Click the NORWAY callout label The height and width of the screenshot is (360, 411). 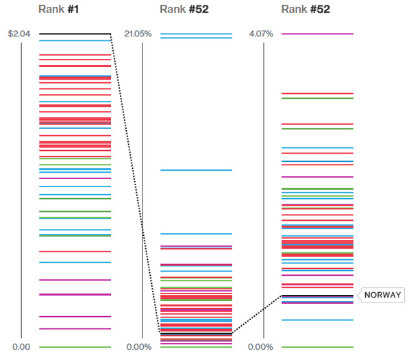click(382, 295)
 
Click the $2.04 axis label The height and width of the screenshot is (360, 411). click(18, 34)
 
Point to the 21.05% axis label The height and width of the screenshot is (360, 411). click(138, 34)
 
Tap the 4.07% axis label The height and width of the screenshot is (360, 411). click(260, 34)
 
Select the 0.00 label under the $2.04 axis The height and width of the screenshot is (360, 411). click(21, 347)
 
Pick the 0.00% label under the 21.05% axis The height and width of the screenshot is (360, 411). click(139, 347)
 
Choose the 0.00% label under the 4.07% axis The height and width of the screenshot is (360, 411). click(260, 347)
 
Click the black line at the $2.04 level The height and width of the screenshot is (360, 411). click(75, 34)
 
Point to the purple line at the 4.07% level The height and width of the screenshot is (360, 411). click(317, 34)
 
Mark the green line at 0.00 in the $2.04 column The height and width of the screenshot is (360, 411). click(75, 347)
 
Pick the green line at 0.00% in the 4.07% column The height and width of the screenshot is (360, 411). click(317, 347)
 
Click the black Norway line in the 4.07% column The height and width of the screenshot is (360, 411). click(317, 296)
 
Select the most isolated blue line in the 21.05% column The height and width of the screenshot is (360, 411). click(196, 170)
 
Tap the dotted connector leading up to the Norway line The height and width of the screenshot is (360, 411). click(257, 315)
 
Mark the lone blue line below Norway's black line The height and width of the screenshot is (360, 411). click(317, 320)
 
